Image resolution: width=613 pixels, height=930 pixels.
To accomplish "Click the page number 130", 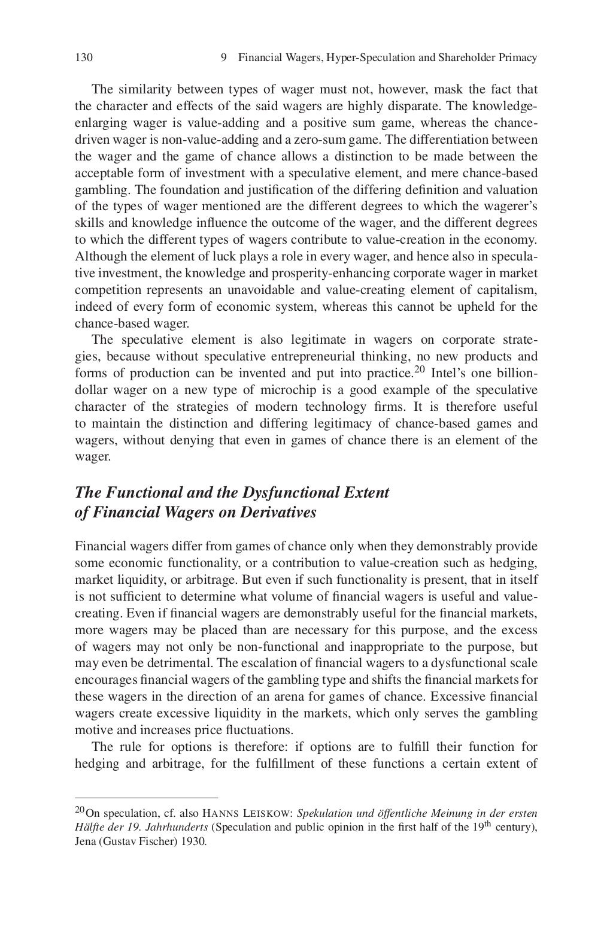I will (84, 58).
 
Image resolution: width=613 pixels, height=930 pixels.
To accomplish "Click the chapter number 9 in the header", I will (223, 58).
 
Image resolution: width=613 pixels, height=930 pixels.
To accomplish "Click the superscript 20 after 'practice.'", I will (418, 369).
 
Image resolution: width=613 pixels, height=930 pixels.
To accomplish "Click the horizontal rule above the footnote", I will (146, 798).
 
